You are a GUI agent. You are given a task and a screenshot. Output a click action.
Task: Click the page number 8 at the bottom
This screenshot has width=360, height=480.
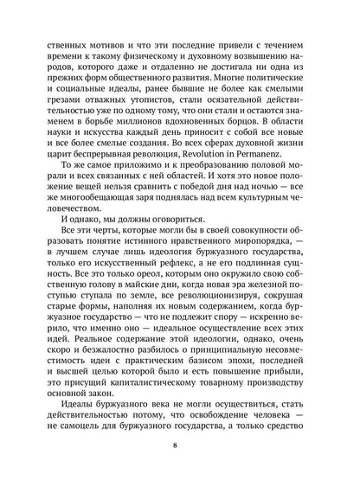180,447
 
